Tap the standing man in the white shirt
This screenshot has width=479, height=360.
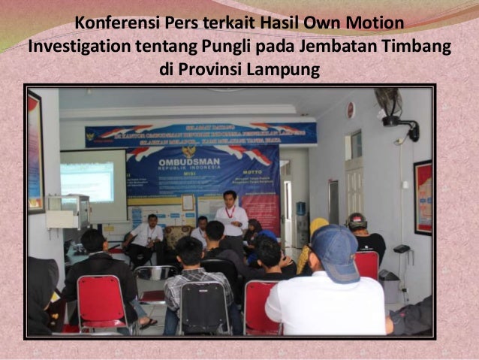coord(230,218)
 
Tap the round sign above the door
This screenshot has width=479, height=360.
coord(350,110)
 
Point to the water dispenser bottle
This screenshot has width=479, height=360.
coord(301,210)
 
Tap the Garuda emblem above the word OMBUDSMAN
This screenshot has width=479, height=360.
coord(188,150)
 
